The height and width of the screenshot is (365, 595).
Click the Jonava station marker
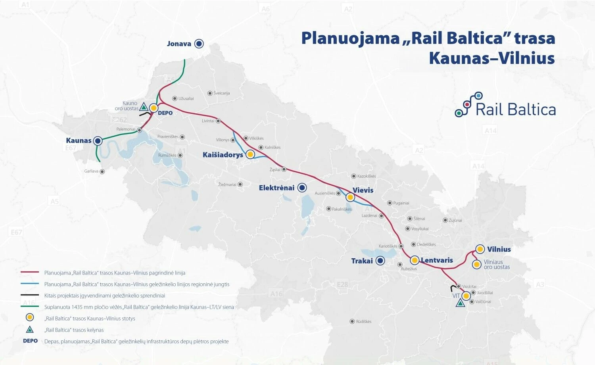tap(199, 44)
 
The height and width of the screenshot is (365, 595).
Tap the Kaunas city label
tap(79, 140)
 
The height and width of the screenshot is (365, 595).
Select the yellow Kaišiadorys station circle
tap(250, 154)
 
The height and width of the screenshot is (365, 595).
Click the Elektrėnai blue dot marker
tap(302, 188)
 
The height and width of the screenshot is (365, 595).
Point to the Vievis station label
tap(363, 190)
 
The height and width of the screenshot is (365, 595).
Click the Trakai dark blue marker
tap(380, 261)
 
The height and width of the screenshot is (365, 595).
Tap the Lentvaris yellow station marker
tap(415, 261)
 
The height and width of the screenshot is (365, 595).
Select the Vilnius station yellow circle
tap(480, 249)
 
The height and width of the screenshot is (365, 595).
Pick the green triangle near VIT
tap(460, 304)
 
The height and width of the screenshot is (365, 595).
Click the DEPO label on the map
tap(165, 113)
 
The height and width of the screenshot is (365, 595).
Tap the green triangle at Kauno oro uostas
tap(144, 107)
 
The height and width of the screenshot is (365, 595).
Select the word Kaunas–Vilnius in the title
tap(491, 58)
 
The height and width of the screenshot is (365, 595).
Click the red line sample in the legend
tap(30, 273)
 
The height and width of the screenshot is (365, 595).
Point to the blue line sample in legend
tap(30, 284)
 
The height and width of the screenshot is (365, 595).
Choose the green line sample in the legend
tap(30, 307)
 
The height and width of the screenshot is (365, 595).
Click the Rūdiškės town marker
tap(352, 321)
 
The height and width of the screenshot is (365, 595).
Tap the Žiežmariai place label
tap(227, 184)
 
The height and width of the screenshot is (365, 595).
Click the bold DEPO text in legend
tap(30, 341)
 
